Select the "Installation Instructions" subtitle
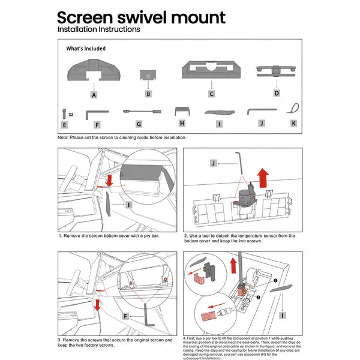98,29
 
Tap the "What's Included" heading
86,49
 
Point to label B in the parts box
148,94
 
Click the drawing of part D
277,71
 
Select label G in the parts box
139,124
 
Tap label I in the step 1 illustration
128,205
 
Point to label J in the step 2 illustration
213,163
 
